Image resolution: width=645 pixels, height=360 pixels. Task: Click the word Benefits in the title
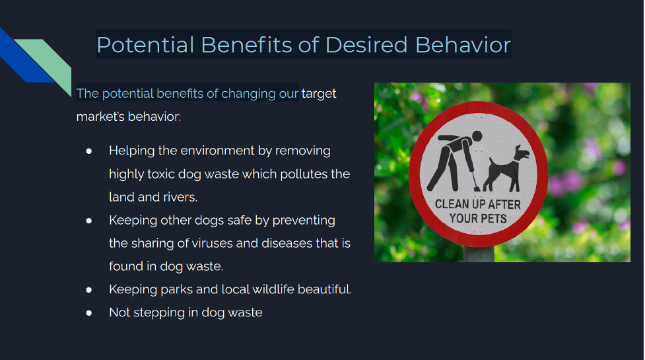[246, 44]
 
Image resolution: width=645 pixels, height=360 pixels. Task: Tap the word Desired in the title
[366, 44]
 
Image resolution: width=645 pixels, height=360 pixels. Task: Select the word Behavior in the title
[463, 44]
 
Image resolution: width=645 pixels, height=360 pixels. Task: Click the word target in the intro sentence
[319, 94]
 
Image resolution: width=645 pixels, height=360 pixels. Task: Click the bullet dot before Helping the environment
[89, 151]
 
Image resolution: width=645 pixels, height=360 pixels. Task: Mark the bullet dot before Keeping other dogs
[89, 221]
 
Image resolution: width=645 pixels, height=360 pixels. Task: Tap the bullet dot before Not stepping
[89, 313]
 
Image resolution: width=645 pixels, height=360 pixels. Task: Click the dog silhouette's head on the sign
[521, 153]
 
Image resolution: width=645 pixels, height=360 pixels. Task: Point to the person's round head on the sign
[477, 136]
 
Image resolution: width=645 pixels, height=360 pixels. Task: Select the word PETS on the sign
[492, 218]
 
